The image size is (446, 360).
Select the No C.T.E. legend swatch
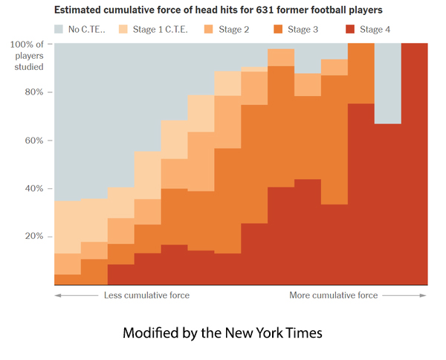(60, 29)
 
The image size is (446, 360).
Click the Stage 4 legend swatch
(350, 29)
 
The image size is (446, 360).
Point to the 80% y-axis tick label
(36, 93)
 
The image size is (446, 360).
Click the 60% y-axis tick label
(36, 141)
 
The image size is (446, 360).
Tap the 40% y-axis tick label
(36, 188)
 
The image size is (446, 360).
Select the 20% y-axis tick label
(36, 237)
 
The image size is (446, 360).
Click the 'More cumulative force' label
(333, 295)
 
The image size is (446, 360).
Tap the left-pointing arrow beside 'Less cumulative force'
(74, 295)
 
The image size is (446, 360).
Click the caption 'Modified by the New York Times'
(222, 332)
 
